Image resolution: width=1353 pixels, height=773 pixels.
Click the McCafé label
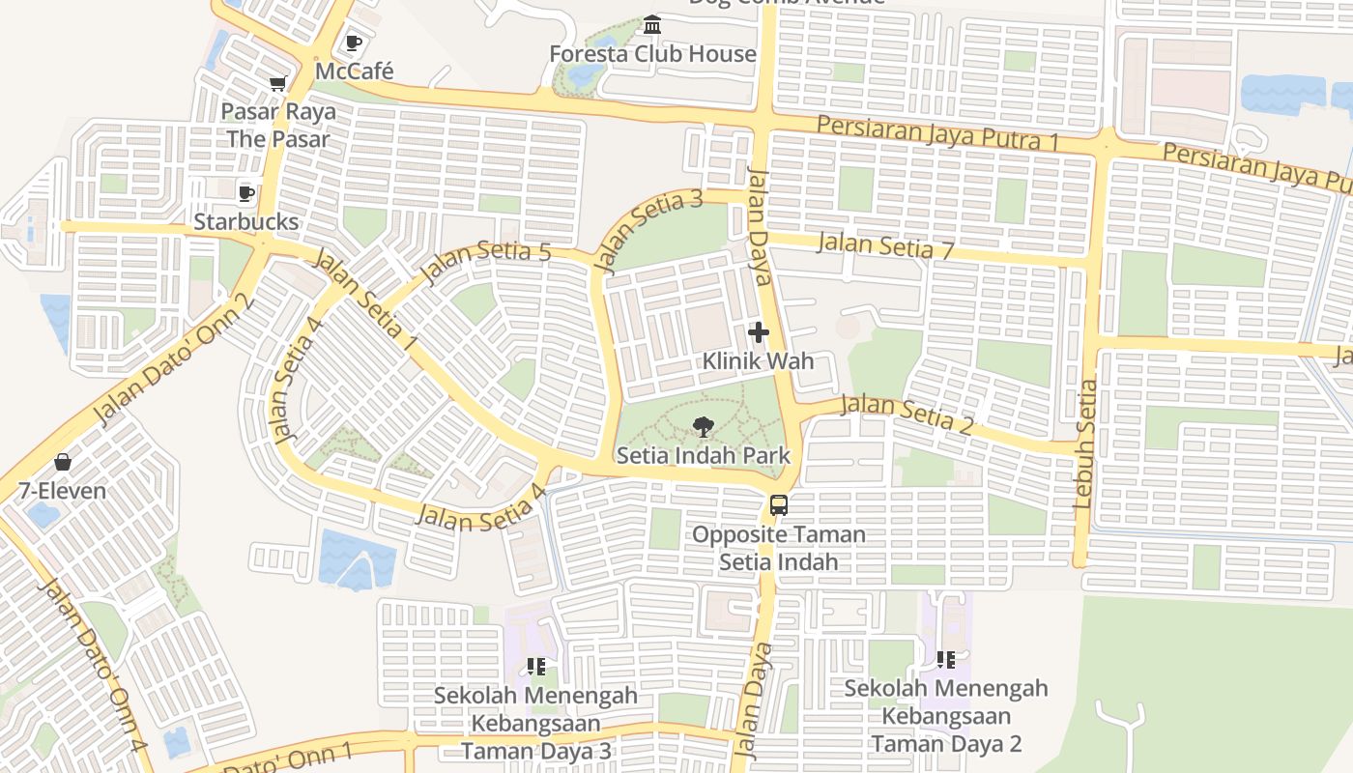[355, 72]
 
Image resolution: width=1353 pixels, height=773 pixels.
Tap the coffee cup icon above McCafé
[353, 43]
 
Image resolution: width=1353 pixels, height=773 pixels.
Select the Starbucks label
[246, 221]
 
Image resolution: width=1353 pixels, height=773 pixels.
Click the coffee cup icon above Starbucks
[246, 193]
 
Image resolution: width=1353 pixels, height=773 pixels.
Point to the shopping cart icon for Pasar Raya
[277, 84]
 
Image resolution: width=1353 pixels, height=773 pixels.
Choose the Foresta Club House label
[652, 54]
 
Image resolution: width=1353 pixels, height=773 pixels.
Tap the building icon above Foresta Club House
[652, 24]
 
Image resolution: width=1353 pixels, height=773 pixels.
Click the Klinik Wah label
[758, 361]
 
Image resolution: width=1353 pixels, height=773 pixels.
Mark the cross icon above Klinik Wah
[759, 333]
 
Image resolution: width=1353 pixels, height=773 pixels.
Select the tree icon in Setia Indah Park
[703, 426]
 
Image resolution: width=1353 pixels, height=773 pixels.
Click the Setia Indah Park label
[703, 456]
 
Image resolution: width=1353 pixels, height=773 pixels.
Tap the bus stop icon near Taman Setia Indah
[778, 504]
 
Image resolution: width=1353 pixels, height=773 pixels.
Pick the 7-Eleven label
[63, 491]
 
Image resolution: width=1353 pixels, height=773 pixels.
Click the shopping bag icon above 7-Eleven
[63, 462]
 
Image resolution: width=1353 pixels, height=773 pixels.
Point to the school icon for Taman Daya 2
[945, 660]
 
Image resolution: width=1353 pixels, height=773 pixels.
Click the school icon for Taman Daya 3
[535, 666]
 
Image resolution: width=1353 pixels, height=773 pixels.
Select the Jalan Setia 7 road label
[885, 246]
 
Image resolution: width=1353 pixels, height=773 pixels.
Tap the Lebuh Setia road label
[1085, 444]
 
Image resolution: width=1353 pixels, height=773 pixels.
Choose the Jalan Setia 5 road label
[486, 263]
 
